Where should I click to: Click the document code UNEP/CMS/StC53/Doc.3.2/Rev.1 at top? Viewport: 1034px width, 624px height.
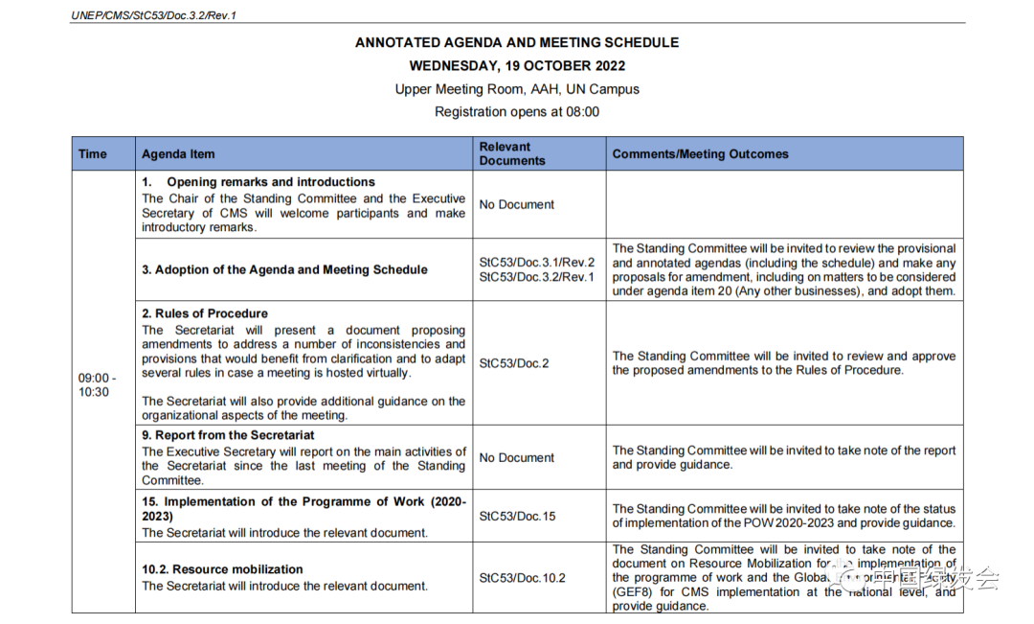(x=154, y=14)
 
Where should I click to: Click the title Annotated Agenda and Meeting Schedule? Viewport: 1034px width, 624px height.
(x=517, y=42)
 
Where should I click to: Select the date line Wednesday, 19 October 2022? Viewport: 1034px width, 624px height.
(x=517, y=66)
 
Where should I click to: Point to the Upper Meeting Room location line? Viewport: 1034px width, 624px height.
(x=517, y=89)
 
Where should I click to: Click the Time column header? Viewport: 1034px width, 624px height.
(x=93, y=154)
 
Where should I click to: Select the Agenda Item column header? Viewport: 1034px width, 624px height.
(x=178, y=154)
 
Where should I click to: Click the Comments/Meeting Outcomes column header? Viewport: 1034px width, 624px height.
(x=700, y=154)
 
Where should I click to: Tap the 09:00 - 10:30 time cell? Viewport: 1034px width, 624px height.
(x=94, y=385)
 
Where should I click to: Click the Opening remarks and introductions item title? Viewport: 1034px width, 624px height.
(x=270, y=182)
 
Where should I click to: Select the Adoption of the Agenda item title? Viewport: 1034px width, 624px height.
(x=284, y=270)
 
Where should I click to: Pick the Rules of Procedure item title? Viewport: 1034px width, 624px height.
(x=205, y=313)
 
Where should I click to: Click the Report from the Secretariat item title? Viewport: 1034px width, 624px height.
(x=228, y=435)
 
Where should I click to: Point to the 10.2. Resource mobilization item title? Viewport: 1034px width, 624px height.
(x=222, y=569)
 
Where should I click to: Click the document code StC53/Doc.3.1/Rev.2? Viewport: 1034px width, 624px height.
(x=536, y=263)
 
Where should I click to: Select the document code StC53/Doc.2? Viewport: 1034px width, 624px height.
(x=514, y=363)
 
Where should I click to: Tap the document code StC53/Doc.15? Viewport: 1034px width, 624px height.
(x=517, y=517)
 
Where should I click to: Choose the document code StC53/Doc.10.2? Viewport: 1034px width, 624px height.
(x=522, y=578)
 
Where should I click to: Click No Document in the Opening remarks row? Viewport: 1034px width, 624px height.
(x=517, y=204)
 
